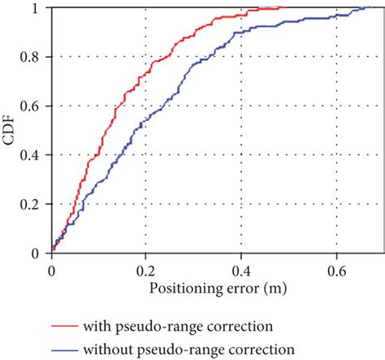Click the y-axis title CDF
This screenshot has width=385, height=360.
[11, 130]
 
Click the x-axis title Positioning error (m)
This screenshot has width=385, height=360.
[218, 288]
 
